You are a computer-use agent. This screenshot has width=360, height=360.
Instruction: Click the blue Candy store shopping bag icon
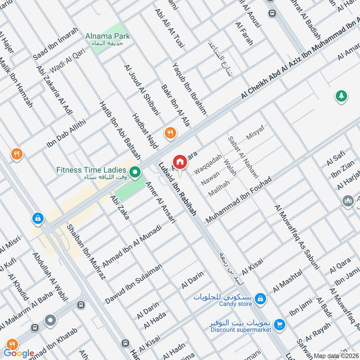tap(260, 298)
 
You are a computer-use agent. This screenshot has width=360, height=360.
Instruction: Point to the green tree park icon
tap(341, 96)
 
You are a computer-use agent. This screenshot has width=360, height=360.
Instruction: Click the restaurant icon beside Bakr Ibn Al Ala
tap(171, 133)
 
